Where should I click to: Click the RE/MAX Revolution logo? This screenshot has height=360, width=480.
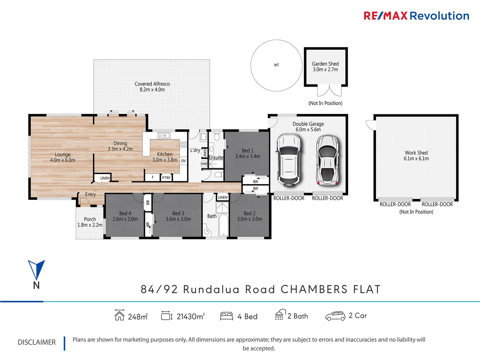click(x=416, y=16)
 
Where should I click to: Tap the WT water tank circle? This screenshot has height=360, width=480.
click(x=276, y=65)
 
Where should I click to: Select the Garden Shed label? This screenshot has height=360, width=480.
click(x=325, y=64)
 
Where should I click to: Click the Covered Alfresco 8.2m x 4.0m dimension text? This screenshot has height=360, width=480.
click(x=152, y=90)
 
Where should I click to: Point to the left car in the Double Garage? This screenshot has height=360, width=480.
click(x=289, y=159)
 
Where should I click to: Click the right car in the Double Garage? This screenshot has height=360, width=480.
click(x=327, y=160)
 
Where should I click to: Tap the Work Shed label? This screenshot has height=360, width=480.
click(x=416, y=153)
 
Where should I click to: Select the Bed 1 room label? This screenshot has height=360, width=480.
click(x=247, y=151)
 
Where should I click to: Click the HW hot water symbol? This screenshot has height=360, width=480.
click(x=204, y=164)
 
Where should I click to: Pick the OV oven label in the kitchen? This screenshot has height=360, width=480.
click(x=183, y=161)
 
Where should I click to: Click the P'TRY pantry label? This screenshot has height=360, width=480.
click(x=166, y=178)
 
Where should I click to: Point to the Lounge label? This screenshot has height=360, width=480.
click(x=63, y=155)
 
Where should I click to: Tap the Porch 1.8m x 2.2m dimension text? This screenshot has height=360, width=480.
click(x=90, y=225)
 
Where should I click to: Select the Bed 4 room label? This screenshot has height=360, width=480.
click(x=125, y=213)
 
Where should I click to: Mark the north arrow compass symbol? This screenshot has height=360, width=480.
click(x=36, y=270)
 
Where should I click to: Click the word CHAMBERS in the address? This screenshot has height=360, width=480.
click(x=314, y=289)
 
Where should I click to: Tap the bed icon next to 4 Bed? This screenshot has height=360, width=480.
click(x=226, y=316)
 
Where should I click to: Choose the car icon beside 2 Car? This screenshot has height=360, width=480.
click(x=335, y=316)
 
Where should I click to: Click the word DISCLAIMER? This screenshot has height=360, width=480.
click(x=37, y=342)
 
